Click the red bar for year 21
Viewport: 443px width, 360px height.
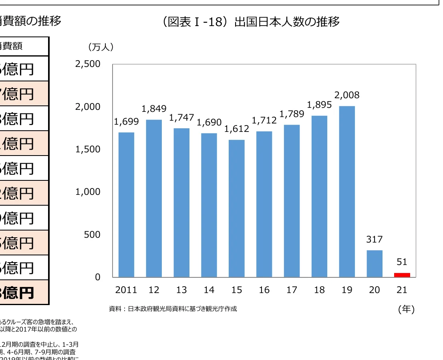(x=402, y=275)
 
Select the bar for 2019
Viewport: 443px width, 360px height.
(x=347, y=192)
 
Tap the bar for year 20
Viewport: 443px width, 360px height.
(x=375, y=263)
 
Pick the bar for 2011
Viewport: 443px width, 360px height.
(x=126, y=204)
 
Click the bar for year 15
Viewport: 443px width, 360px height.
(x=237, y=208)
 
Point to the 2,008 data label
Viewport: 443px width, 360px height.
(x=347, y=95)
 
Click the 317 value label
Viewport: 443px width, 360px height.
(x=375, y=240)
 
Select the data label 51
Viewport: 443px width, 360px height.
(x=402, y=262)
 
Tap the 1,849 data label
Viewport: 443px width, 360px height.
(x=154, y=109)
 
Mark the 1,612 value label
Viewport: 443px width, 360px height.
(x=237, y=129)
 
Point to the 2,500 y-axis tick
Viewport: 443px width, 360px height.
(x=87, y=65)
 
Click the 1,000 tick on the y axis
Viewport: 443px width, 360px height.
(x=87, y=192)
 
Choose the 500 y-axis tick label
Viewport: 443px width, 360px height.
(x=92, y=235)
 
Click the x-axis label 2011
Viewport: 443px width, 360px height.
(x=126, y=290)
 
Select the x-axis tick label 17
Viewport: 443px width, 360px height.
(x=292, y=290)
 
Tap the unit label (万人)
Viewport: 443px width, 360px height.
(x=101, y=47)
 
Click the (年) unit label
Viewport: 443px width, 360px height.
(x=406, y=309)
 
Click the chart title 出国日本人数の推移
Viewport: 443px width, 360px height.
(x=252, y=22)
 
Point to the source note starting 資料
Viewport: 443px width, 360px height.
(x=173, y=309)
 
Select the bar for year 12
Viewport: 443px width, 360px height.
(x=154, y=198)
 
